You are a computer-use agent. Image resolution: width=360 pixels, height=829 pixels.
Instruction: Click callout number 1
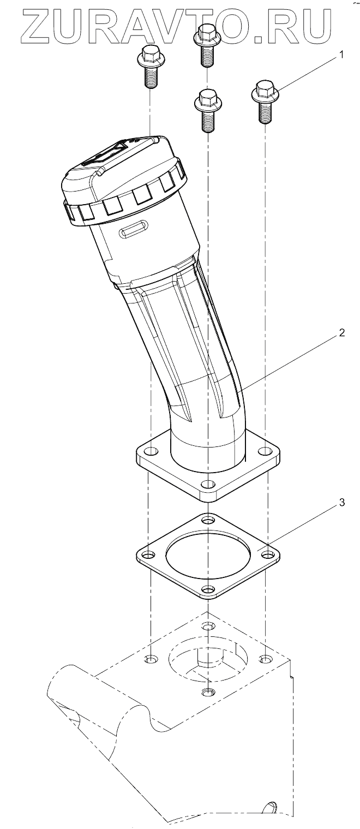(x=341, y=55)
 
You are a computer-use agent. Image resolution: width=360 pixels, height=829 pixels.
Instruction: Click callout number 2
(x=341, y=332)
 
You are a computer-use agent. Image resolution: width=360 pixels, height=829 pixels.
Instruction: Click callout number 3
(x=341, y=503)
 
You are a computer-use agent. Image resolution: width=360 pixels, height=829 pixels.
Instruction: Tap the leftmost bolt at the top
(x=150, y=66)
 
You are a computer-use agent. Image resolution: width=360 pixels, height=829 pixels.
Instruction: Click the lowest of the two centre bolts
(x=208, y=110)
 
